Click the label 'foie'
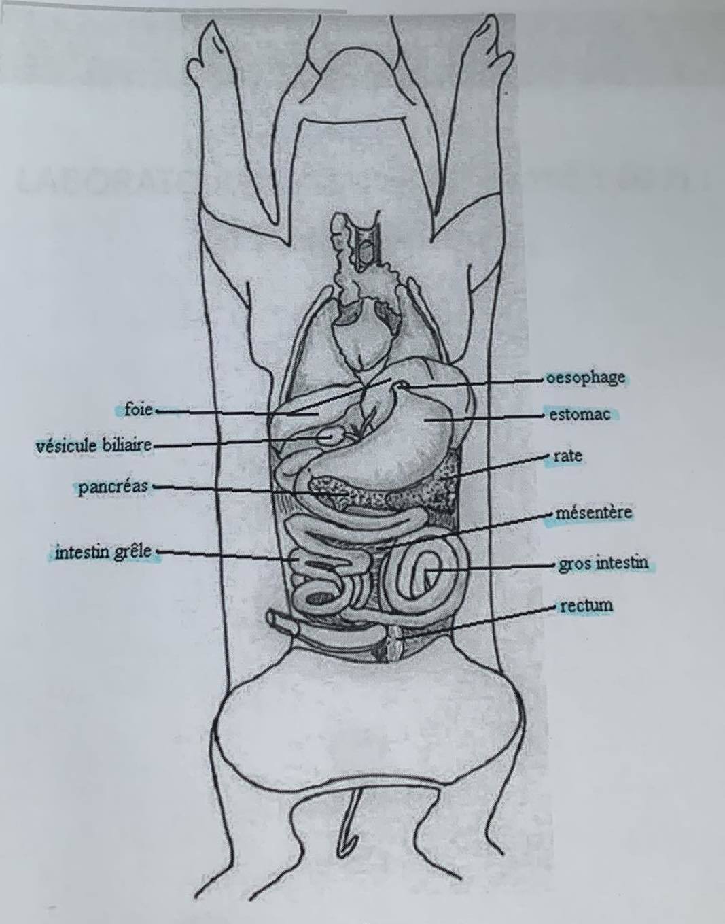(x=138, y=410)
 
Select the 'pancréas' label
(x=113, y=487)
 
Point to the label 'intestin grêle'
(x=103, y=551)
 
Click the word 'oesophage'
(x=586, y=377)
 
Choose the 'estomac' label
(x=580, y=414)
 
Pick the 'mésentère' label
(x=593, y=512)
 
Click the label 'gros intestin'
(x=603, y=564)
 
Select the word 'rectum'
(x=586, y=604)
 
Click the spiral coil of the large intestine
(x=425, y=575)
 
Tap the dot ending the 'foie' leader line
(x=157, y=411)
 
